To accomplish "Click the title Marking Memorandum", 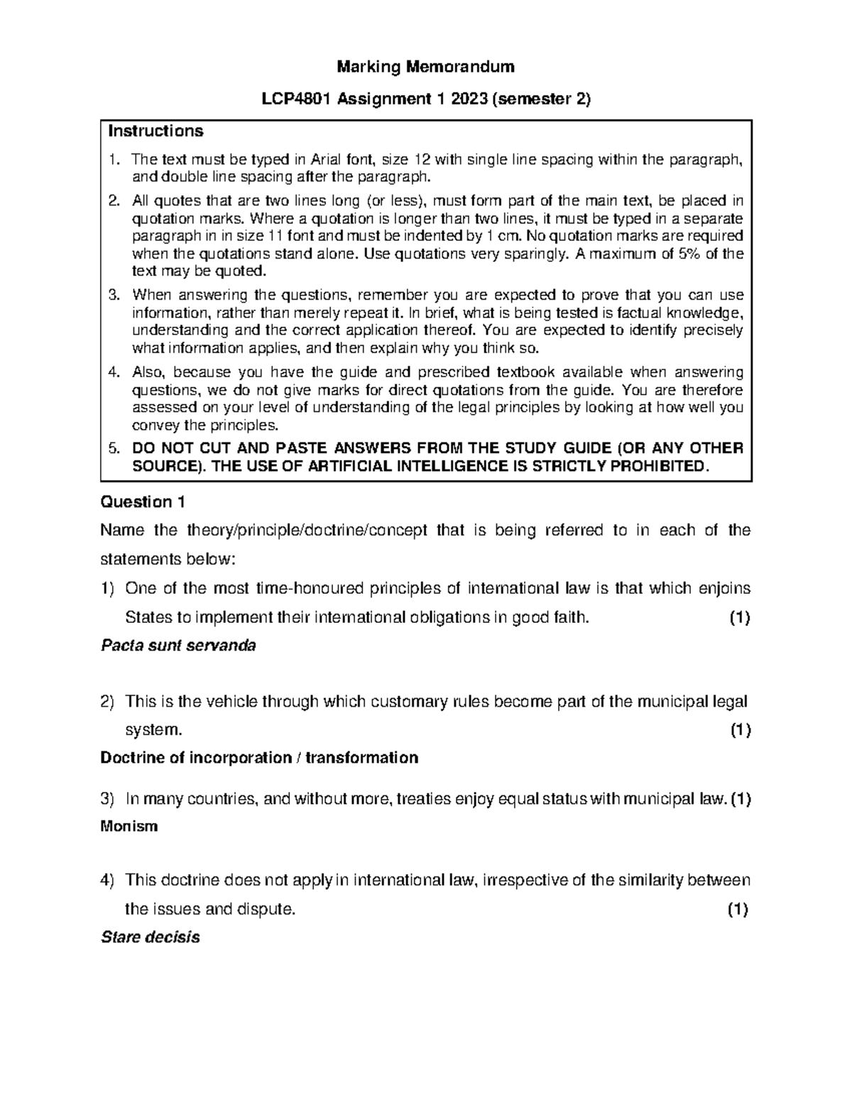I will (425, 67).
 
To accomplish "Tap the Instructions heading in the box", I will (155, 131).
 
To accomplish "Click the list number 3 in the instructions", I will (114, 295).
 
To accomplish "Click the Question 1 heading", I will (143, 502).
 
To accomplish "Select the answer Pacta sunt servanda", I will (178, 646).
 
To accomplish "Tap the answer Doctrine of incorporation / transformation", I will (259, 758).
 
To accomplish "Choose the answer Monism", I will (129, 827).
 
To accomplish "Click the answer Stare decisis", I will (151, 938).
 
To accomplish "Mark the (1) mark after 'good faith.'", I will (739, 618).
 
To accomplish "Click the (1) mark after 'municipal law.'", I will (741, 799).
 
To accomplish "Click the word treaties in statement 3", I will (422, 799).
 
